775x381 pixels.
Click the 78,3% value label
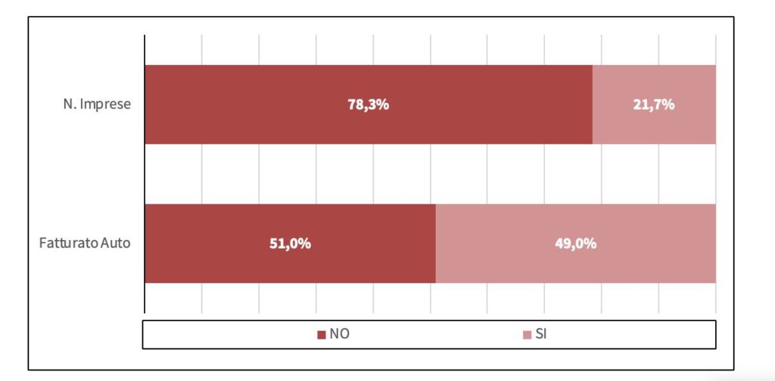[x=369, y=105]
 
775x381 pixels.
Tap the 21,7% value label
[x=654, y=105]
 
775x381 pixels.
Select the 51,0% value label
[x=290, y=243]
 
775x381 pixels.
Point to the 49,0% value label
[x=576, y=243]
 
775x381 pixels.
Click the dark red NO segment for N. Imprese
[x=369, y=105]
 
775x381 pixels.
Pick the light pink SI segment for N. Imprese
[x=654, y=105]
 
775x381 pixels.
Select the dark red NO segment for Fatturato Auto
[x=290, y=243]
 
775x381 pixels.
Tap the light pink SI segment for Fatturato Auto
[x=576, y=243]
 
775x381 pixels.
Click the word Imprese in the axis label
[x=105, y=105]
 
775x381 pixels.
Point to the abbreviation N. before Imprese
[x=70, y=105]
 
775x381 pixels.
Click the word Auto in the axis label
[x=116, y=243]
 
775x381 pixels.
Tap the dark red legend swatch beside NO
[x=321, y=335]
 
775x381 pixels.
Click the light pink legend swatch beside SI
[x=527, y=335]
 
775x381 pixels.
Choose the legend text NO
[x=340, y=334]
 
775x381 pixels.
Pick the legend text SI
[x=541, y=334]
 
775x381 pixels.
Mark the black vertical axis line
[x=145, y=173]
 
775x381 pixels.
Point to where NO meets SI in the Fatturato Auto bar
[x=436, y=243]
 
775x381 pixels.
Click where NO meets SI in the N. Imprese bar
[x=592, y=105]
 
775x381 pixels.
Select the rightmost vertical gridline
[x=716, y=173]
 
